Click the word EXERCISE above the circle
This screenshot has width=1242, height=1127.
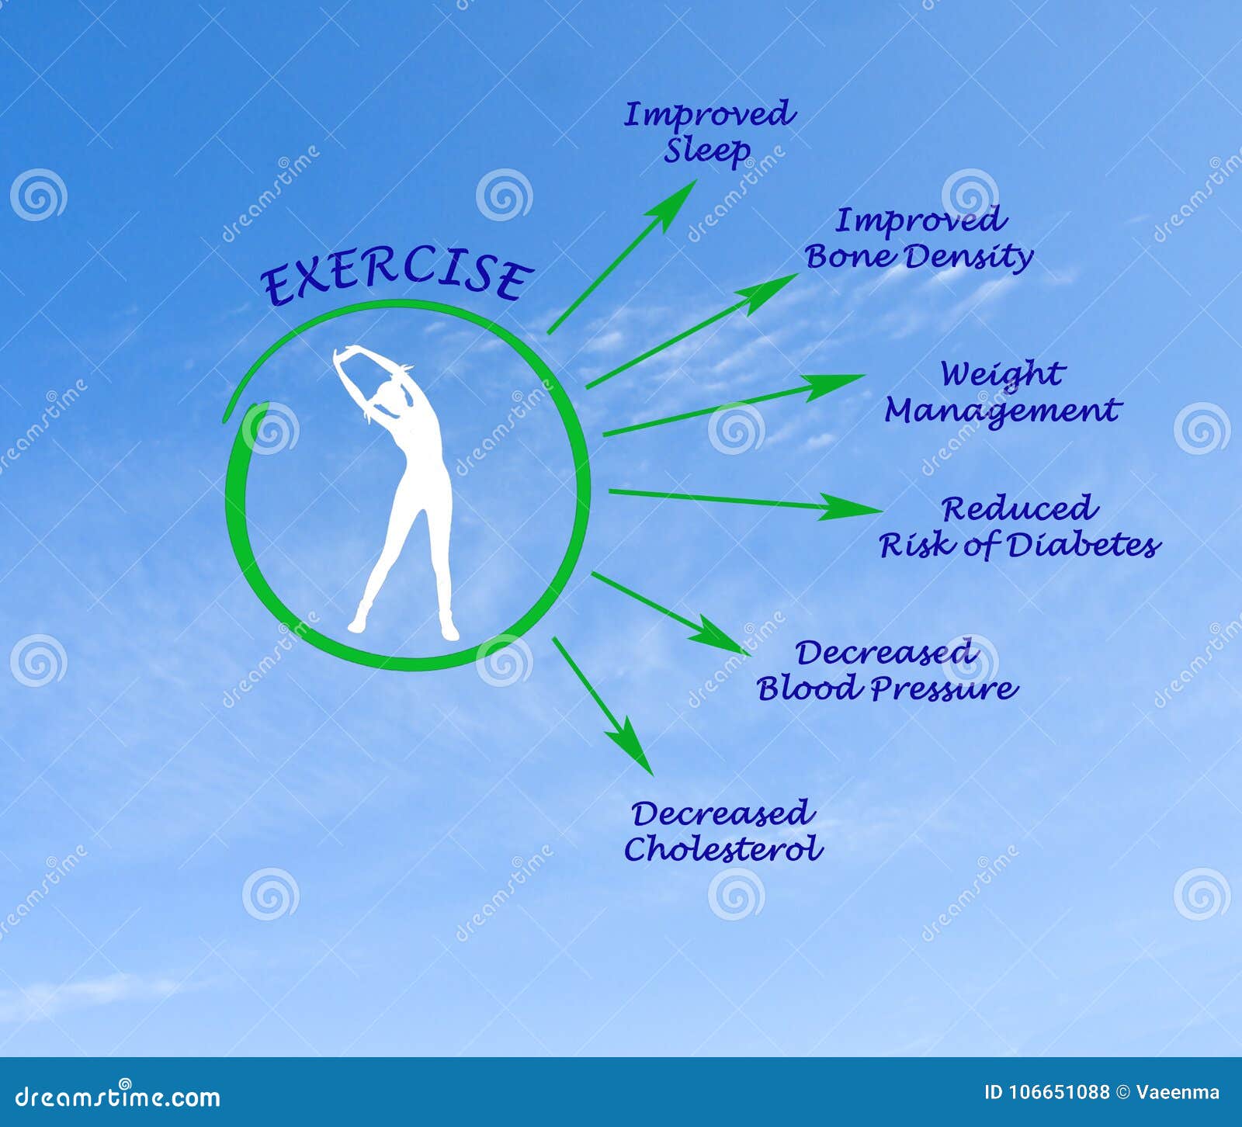tap(396, 278)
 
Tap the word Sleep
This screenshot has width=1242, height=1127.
tap(706, 151)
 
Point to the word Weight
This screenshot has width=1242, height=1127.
tap(1001, 374)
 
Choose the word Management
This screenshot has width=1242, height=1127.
tap(1002, 411)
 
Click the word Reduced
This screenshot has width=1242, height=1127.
tap(1019, 509)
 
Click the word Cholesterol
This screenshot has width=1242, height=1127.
tap(723, 849)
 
